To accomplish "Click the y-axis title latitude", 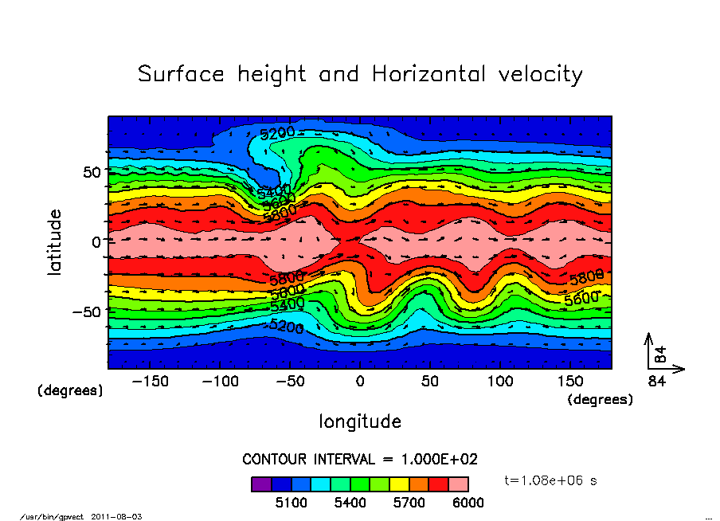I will (55, 241).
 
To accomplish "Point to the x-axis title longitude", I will (360, 421).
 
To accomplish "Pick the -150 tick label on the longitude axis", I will (150, 382).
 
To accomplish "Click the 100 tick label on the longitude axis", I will (500, 382).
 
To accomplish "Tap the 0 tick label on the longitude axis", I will (360, 382).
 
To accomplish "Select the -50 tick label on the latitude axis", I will (85, 311).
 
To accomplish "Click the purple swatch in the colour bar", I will (260, 484).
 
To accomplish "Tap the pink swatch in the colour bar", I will (459, 484).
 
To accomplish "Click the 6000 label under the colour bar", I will (468, 503).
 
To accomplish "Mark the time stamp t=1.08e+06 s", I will (550, 480).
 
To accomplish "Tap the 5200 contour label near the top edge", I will (277, 132).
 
